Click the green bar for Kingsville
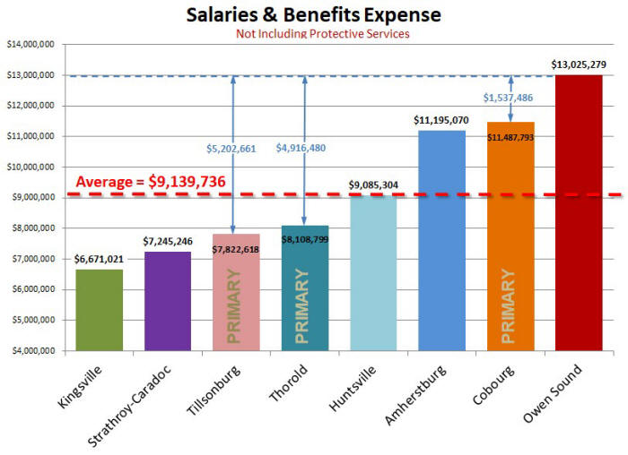click(100, 309)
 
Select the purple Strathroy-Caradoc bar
click(168, 301)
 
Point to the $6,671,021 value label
click(100, 259)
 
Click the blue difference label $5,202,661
click(231, 147)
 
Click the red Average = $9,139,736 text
click(150, 182)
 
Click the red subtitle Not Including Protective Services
click(322, 34)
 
